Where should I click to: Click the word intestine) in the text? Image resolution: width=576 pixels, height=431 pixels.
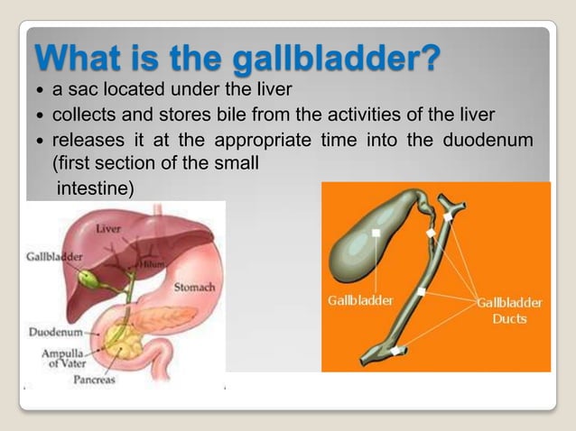pyautogui.click(x=96, y=188)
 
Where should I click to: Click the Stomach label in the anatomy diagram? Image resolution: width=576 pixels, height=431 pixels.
pyautogui.click(x=193, y=288)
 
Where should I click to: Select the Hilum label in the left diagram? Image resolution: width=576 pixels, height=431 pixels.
pyautogui.click(x=151, y=263)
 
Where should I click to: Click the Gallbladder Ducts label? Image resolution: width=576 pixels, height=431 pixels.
pyautogui.click(x=509, y=310)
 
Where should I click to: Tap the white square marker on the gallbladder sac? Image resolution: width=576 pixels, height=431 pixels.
pyautogui.click(x=376, y=234)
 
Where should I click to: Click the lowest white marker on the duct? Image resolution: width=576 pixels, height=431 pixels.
pyautogui.click(x=393, y=349)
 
